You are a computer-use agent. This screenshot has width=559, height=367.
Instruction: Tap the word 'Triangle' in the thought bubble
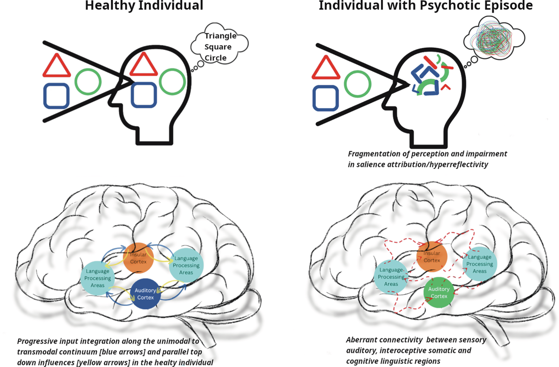click(221, 36)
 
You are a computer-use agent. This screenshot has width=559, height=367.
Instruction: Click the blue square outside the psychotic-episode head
click(326, 98)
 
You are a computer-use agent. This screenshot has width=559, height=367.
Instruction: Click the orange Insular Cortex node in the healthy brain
click(138, 258)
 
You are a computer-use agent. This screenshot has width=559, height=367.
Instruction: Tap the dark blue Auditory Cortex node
click(145, 293)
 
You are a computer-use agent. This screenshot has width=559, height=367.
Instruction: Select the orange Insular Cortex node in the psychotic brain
click(432, 257)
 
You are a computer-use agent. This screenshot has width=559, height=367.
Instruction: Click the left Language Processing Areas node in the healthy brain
click(98, 278)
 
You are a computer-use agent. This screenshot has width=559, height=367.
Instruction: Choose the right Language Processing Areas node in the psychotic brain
click(479, 264)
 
